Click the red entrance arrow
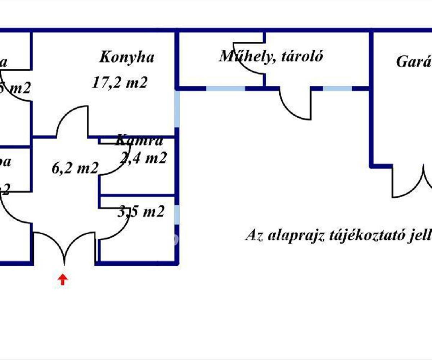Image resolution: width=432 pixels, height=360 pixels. click(x=63, y=279)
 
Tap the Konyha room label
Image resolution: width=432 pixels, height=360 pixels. click(x=127, y=57)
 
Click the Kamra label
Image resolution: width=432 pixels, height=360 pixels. click(x=140, y=141)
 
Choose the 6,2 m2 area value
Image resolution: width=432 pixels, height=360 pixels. click(x=75, y=168)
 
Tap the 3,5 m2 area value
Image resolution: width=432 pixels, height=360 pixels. click(x=141, y=212)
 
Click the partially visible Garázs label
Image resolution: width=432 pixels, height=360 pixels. click(x=414, y=62)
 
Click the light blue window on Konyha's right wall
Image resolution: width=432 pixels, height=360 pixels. click(x=177, y=108)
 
